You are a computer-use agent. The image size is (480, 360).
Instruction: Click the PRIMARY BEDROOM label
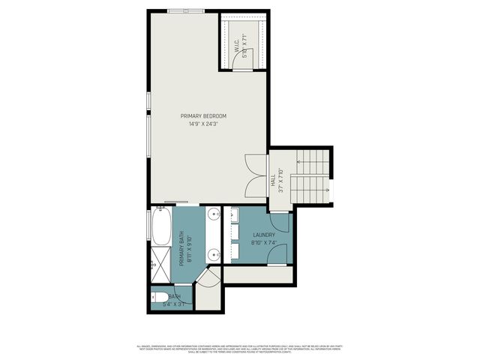click(x=203, y=115)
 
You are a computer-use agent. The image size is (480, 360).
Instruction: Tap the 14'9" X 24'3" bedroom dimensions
click(x=203, y=124)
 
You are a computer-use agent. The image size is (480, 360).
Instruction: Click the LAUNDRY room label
click(x=264, y=235)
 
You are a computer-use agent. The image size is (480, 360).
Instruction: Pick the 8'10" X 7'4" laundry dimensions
click(x=264, y=243)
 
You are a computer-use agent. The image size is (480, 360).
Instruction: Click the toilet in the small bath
click(x=161, y=298)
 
